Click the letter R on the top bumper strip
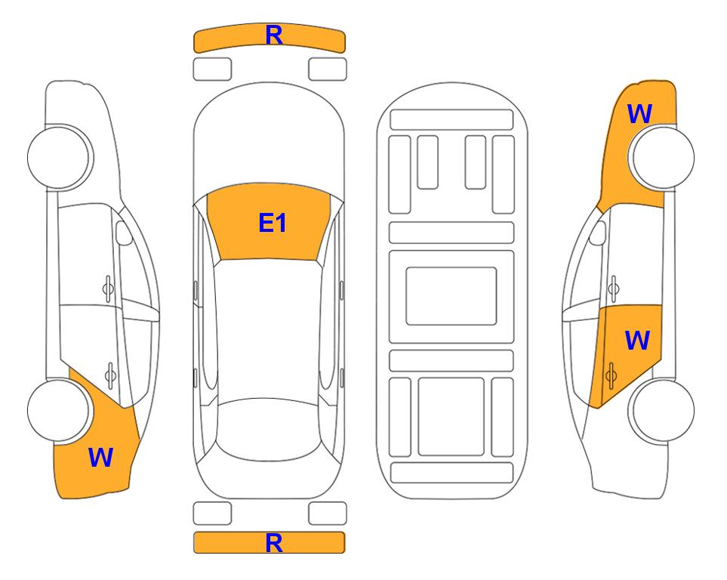tap(274, 35)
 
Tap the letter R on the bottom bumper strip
tap(274, 543)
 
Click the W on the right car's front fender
tap(640, 114)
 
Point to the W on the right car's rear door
tap(637, 340)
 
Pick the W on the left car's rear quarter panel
tap(100, 458)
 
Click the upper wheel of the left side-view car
tap(59, 157)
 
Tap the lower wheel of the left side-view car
tap(59, 410)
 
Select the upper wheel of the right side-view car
tap(663, 157)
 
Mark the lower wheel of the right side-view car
tap(663, 410)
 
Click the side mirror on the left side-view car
tap(124, 233)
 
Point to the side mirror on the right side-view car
tap(598, 233)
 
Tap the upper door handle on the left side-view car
tap(108, 288)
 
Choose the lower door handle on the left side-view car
tap(110, 375)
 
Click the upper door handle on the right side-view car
tap(614, 288)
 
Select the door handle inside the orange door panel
tap(611, 375)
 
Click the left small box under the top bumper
tap(212, 69)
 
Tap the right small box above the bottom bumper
tap(328, 514)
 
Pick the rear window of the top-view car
tap(268, 429)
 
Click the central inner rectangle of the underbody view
tap(451, 296)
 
